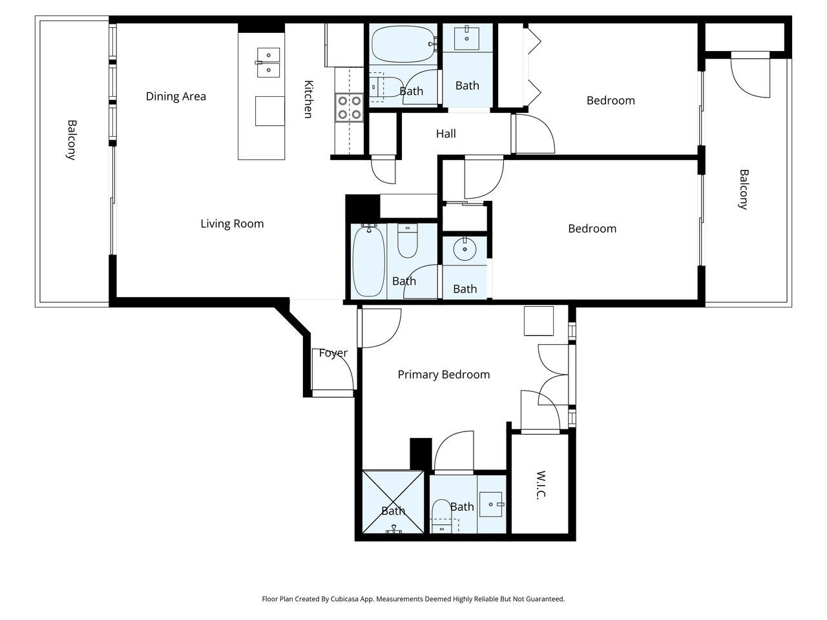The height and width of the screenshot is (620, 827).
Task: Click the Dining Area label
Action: click(x=176, y=96)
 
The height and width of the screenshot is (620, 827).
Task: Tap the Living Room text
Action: click(x=232, y=223)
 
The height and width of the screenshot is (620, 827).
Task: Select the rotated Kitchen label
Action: click(x=308, y=99)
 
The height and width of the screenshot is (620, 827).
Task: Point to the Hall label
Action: click(x=446, y=134)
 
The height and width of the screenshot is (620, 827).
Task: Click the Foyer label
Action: click(x=333, y=353)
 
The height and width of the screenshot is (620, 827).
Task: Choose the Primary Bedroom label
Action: click(x=443, y=374)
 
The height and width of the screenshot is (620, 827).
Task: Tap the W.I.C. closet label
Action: click(x=541, y=484)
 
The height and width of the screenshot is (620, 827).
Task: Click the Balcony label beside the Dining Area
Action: click(x=72, y=139)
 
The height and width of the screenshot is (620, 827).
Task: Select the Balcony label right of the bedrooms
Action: click(x=744, y=189)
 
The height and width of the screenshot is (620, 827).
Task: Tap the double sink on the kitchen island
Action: click(x=268, y=62)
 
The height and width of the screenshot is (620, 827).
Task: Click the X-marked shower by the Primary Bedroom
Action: click(x=393, y=502)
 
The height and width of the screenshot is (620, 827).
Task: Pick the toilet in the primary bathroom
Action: click(x=442, y=513)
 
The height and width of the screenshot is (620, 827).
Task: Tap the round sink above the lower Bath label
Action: click(x=464, y=249)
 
